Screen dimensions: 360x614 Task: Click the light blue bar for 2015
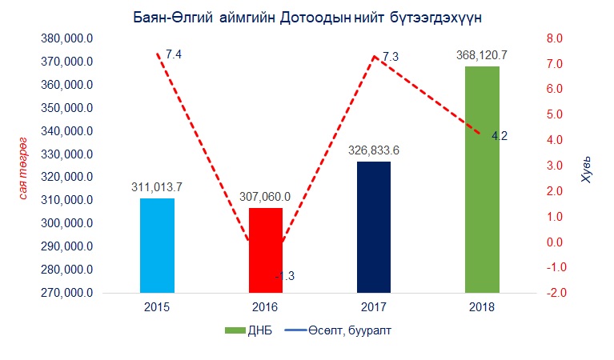point(157,246)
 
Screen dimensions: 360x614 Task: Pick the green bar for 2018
point(482,179)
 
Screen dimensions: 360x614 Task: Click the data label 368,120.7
point(482,56)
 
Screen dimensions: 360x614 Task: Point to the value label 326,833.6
point(373,150)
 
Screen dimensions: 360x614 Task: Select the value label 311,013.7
point(157,187)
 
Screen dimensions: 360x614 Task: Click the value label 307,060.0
point(265,197)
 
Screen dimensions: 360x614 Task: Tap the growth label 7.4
point(174,54)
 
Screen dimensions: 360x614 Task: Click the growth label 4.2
point(500,136)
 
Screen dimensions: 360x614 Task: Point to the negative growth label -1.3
point(285,276)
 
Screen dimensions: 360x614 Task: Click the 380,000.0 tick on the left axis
point(69,38)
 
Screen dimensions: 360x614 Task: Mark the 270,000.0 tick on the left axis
point(69,293)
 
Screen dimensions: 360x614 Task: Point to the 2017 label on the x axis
point(373,307)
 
